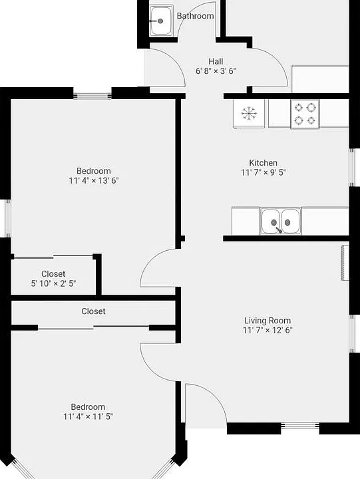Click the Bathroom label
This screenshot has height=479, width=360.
195,16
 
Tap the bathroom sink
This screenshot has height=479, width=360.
161,21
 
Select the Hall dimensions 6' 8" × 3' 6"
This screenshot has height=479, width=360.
216,71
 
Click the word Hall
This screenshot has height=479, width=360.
216,61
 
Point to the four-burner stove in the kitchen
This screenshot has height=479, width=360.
305,114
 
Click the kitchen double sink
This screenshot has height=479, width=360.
281,221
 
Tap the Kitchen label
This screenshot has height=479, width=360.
263,162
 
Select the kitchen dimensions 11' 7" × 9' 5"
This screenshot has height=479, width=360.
263,172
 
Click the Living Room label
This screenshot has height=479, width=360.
268,321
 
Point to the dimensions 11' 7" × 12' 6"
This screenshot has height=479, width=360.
268,330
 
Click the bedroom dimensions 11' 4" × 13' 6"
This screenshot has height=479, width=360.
94,180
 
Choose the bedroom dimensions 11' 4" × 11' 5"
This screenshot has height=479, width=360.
88,416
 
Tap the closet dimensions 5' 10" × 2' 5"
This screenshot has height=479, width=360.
53,283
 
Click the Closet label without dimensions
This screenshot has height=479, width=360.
93,311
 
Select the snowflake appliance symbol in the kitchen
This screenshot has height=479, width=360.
249,113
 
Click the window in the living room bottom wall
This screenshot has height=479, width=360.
300,425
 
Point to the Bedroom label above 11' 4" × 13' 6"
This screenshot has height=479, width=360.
94,171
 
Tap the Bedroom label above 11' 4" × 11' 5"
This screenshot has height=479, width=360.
88,407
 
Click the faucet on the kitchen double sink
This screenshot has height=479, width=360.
279,230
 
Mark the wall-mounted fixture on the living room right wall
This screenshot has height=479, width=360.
345,263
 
